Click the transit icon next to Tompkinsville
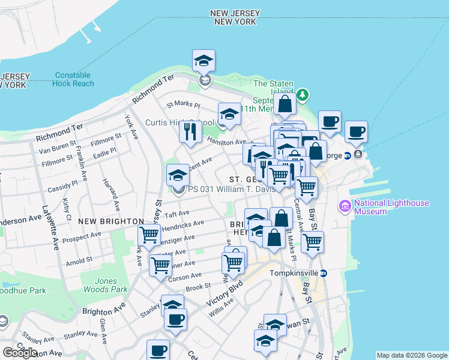pos(323,272)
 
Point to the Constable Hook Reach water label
pos(74,79)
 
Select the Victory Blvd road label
pos(224,298)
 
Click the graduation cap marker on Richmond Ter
pos(204,61)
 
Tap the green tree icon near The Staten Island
pos(303,94)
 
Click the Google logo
pos(20,352)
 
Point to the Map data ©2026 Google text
pos(411,355)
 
